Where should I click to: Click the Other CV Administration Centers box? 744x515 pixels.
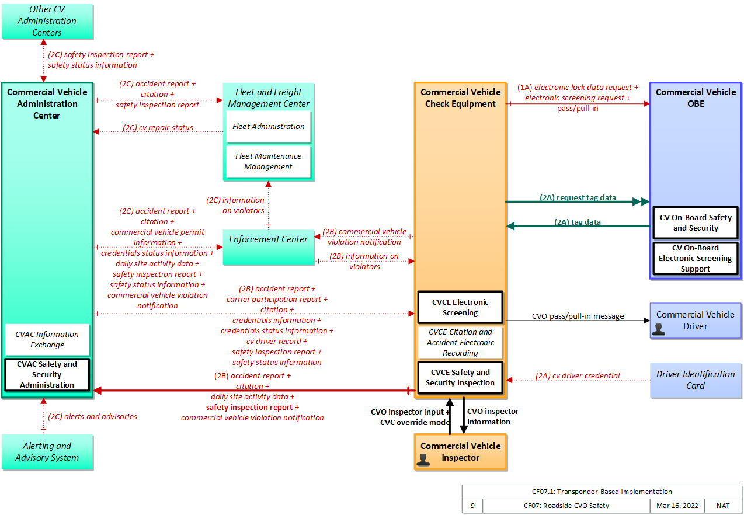47,21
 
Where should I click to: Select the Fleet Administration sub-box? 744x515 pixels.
269,127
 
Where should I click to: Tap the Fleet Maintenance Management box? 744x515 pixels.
269,162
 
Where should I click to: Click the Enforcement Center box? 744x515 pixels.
269,247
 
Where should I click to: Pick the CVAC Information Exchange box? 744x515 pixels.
47,339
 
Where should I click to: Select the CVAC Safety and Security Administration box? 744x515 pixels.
47,374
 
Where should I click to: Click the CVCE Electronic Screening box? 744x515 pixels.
460,307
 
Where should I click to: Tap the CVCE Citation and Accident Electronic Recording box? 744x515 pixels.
460,342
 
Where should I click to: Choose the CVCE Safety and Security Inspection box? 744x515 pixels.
460,378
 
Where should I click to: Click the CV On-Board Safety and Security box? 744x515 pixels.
696,223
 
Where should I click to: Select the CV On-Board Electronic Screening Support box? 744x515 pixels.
696,258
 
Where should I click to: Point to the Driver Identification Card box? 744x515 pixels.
696,380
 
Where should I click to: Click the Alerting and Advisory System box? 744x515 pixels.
47,452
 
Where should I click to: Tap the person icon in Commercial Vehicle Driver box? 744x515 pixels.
658,329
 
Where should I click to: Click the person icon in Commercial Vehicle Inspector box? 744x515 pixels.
423,460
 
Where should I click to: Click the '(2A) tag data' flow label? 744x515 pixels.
577,222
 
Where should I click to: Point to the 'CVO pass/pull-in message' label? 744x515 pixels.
578,316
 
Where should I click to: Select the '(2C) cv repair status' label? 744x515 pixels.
158,127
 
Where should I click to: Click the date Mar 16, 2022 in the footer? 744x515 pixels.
677,506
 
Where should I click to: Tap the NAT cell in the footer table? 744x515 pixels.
723,506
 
